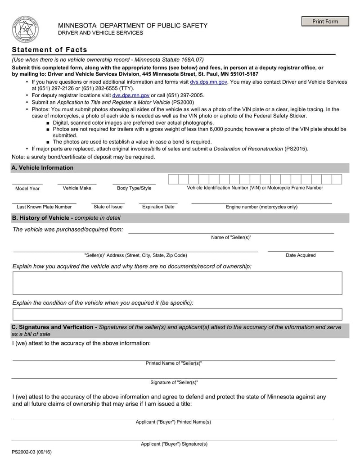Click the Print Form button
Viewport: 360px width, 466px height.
pos(325,22)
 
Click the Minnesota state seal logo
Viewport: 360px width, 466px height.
pos(25,29)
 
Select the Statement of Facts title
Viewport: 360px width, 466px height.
pos(49,50)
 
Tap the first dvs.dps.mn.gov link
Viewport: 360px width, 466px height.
pos(208,82)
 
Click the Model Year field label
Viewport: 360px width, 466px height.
pos(27,188)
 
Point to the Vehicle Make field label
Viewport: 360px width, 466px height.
pos(77,188)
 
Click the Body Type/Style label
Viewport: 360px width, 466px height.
pos(134,188)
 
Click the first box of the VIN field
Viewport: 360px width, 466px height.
pos(173,179)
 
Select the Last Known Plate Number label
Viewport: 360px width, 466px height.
pos(44,207)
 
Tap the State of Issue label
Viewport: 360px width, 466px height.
pos(108,207)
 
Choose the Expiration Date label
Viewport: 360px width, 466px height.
pos(158,207)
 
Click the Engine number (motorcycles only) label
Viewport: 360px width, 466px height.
pos(261,207)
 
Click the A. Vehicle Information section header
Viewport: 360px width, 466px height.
pos(43,167)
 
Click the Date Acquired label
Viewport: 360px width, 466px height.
pos(301,255)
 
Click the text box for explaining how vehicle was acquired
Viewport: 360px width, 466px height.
pos(177,283)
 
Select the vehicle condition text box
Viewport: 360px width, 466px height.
pos(177,314)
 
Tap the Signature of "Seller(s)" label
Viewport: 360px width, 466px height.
pos(174,382)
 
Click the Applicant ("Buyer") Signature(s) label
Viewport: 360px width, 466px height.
pos(174,444)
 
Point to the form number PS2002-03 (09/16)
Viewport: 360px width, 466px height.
pos(32,452)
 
